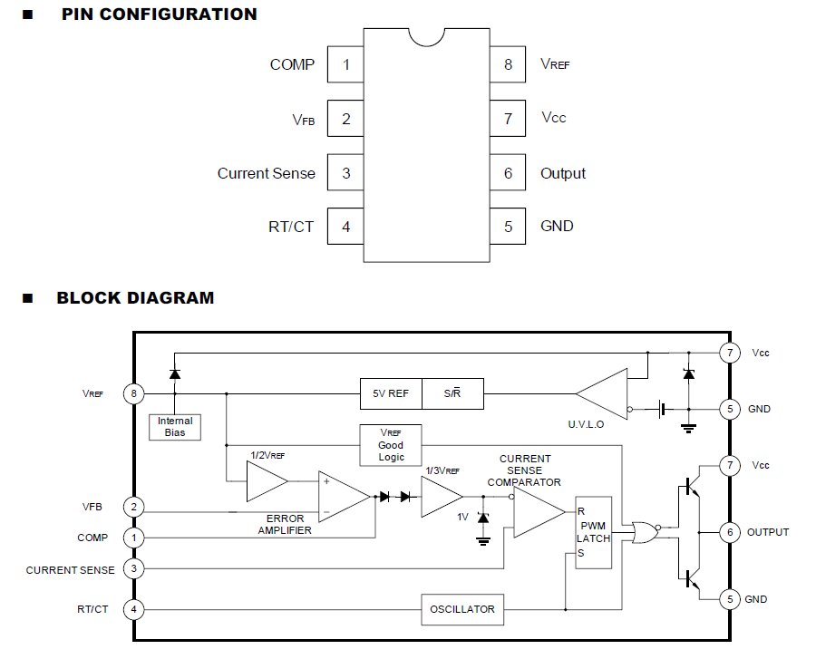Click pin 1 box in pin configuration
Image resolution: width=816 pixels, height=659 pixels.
click(x=345, y=65)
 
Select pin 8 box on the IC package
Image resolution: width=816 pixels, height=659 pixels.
click(x=508, y=65)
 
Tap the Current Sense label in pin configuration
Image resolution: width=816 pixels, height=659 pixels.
click(x=267, y=173)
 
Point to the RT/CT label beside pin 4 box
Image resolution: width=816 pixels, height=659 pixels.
click(x=291, y=227)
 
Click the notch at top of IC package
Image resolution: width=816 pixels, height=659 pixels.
click(x=427, y=35)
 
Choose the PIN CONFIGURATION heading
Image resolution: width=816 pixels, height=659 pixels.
click(x=159, y=15)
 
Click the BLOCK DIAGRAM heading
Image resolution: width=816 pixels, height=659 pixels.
click(x=135, y=297)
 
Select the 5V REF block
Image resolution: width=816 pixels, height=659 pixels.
click(x=391, y=394)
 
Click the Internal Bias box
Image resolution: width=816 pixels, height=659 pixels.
click(x=175, y=427)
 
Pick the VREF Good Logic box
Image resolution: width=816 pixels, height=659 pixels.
click(x=391, y=445)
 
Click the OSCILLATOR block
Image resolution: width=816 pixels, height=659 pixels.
click(x=462, y=608)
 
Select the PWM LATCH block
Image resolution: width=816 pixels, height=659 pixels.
click(x=594, y=532)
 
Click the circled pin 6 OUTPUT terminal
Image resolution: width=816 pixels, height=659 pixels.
click(x=730, y=532)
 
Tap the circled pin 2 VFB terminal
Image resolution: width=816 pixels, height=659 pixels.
click(x=134, y=507)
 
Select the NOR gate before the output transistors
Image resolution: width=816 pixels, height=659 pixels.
click(x=643, y=531)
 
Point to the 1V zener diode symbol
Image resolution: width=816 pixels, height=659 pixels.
click(x=482, y=518)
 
